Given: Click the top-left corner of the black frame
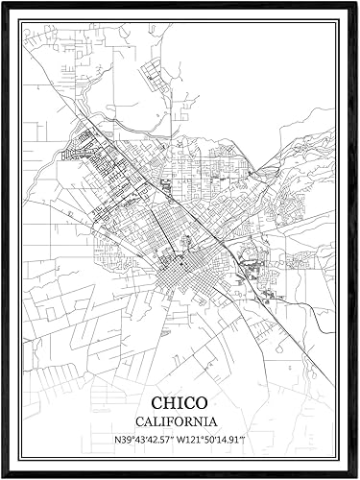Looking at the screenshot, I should [3, 3].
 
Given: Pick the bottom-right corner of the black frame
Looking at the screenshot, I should [356, 476].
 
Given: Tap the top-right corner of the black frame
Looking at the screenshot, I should [356, 3].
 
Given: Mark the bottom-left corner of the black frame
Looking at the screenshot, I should [3, 476].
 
